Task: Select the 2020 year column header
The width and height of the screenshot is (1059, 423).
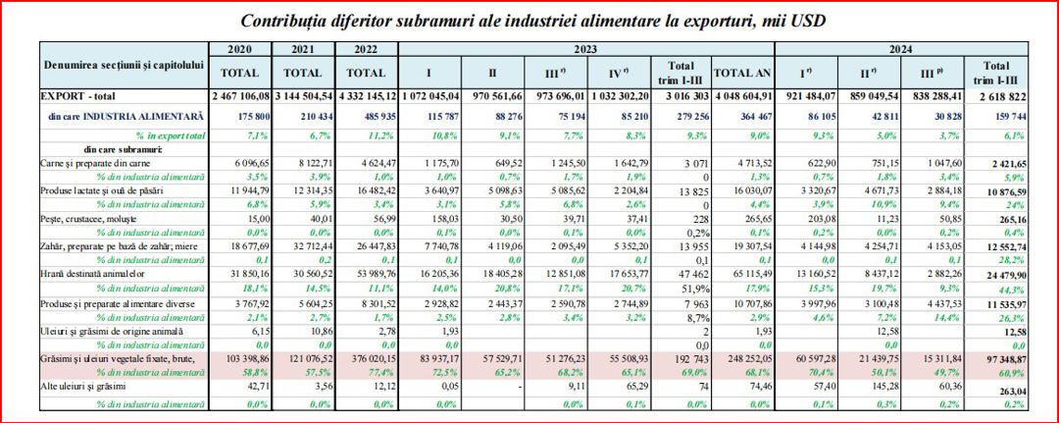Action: click(x=240, y=48)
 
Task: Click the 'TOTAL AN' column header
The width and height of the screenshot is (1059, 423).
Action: click(x=743, y=72)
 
